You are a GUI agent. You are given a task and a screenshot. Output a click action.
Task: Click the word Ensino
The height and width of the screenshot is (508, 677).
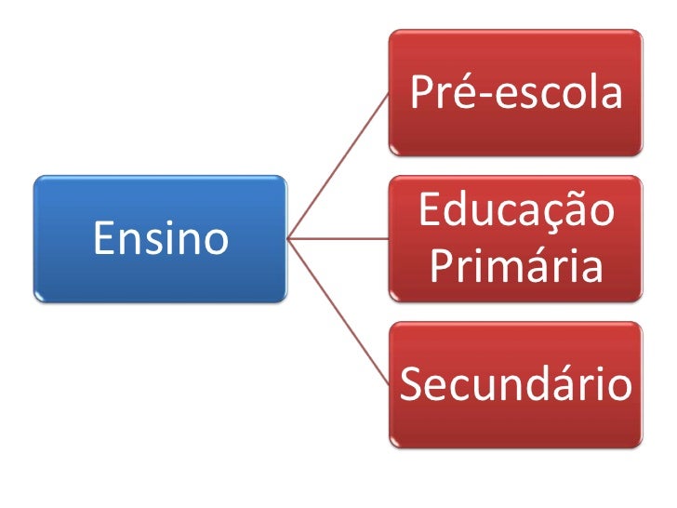pyautogui.click(x=160, y=239)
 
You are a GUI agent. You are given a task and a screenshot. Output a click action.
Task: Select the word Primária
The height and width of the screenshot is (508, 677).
pyautogui.click(x=516, y=268)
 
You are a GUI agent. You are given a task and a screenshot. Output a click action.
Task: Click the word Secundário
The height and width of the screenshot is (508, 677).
pyautogui.click(x=515, y=384)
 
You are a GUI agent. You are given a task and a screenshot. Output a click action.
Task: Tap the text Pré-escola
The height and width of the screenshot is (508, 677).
pyautogui.click(x=515, y=93)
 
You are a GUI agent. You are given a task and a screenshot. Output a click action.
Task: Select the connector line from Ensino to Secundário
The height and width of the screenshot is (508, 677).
pyautogui.click(x=339, y=312)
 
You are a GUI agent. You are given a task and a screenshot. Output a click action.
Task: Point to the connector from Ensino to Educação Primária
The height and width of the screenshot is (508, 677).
pyautogui.click(x=339, y=239)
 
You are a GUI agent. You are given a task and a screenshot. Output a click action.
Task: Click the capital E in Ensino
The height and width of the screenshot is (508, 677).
pyautogui.click(x=101, y=239)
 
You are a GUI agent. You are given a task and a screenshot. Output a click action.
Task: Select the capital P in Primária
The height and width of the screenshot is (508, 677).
pyautogui.click(x=443, y=267)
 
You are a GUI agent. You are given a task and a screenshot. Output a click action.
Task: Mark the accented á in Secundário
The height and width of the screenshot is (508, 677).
pyautogui.click(x=578, y=384)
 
